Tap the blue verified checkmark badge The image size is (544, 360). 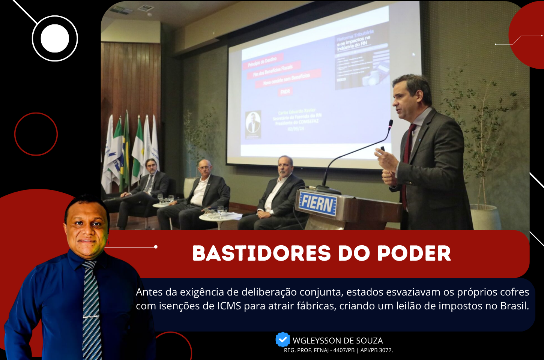283,340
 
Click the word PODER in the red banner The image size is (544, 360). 414,253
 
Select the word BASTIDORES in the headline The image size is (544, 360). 261,253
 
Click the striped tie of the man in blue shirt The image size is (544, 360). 91,307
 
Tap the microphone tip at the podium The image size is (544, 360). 391,123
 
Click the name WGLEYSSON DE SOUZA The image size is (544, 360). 338,340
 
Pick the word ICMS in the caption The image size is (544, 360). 229,306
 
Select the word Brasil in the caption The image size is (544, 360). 514,306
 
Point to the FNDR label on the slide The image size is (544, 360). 285,91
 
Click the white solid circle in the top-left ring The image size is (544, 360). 55,38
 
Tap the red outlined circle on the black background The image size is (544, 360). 36,134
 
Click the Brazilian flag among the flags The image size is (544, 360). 126,150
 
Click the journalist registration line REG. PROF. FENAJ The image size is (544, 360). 338,350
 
